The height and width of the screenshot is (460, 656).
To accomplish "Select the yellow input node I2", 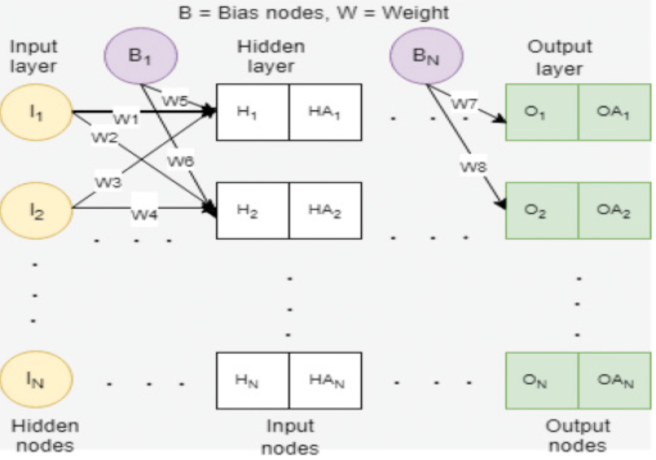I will point(36,210).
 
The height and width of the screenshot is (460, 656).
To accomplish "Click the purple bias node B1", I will point(140,56).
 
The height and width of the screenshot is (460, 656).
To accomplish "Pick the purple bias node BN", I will point(426,56).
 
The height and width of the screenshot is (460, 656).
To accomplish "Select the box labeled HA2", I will point(325,211).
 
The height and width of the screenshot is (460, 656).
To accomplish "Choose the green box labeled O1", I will point(542,112).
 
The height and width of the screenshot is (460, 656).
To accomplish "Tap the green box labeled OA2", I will point(614,211).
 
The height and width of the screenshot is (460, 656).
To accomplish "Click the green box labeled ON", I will point(542,381).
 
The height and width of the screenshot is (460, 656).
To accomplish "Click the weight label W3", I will point(108,182).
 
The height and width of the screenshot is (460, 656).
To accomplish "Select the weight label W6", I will point(181,162).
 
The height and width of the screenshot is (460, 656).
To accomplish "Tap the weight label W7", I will point(464,103).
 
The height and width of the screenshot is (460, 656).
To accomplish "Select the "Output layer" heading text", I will point(559,57).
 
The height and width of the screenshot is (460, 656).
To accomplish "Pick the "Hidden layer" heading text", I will point(271,56).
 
